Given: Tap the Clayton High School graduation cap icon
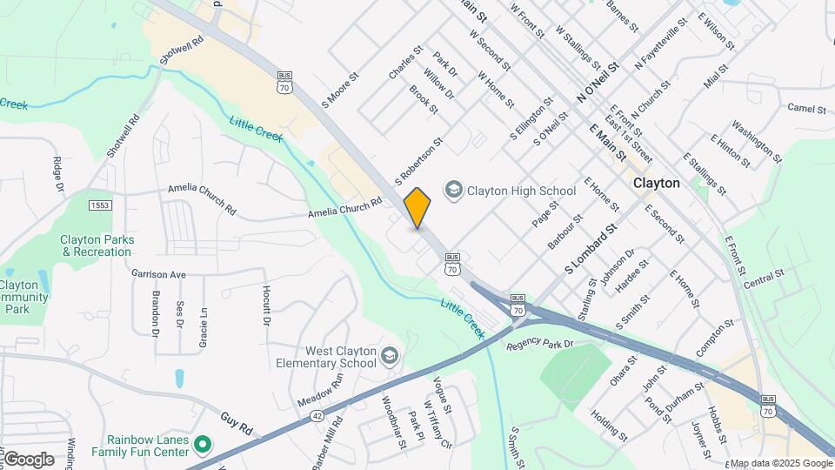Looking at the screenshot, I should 453,190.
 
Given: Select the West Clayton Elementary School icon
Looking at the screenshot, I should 390,356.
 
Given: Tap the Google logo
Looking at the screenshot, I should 28,459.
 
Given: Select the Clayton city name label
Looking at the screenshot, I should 657,184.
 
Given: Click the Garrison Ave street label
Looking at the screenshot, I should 159,274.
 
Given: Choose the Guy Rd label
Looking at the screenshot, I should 236,422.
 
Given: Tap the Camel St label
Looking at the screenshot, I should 806,109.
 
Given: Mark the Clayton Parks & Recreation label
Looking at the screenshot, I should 97,245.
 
